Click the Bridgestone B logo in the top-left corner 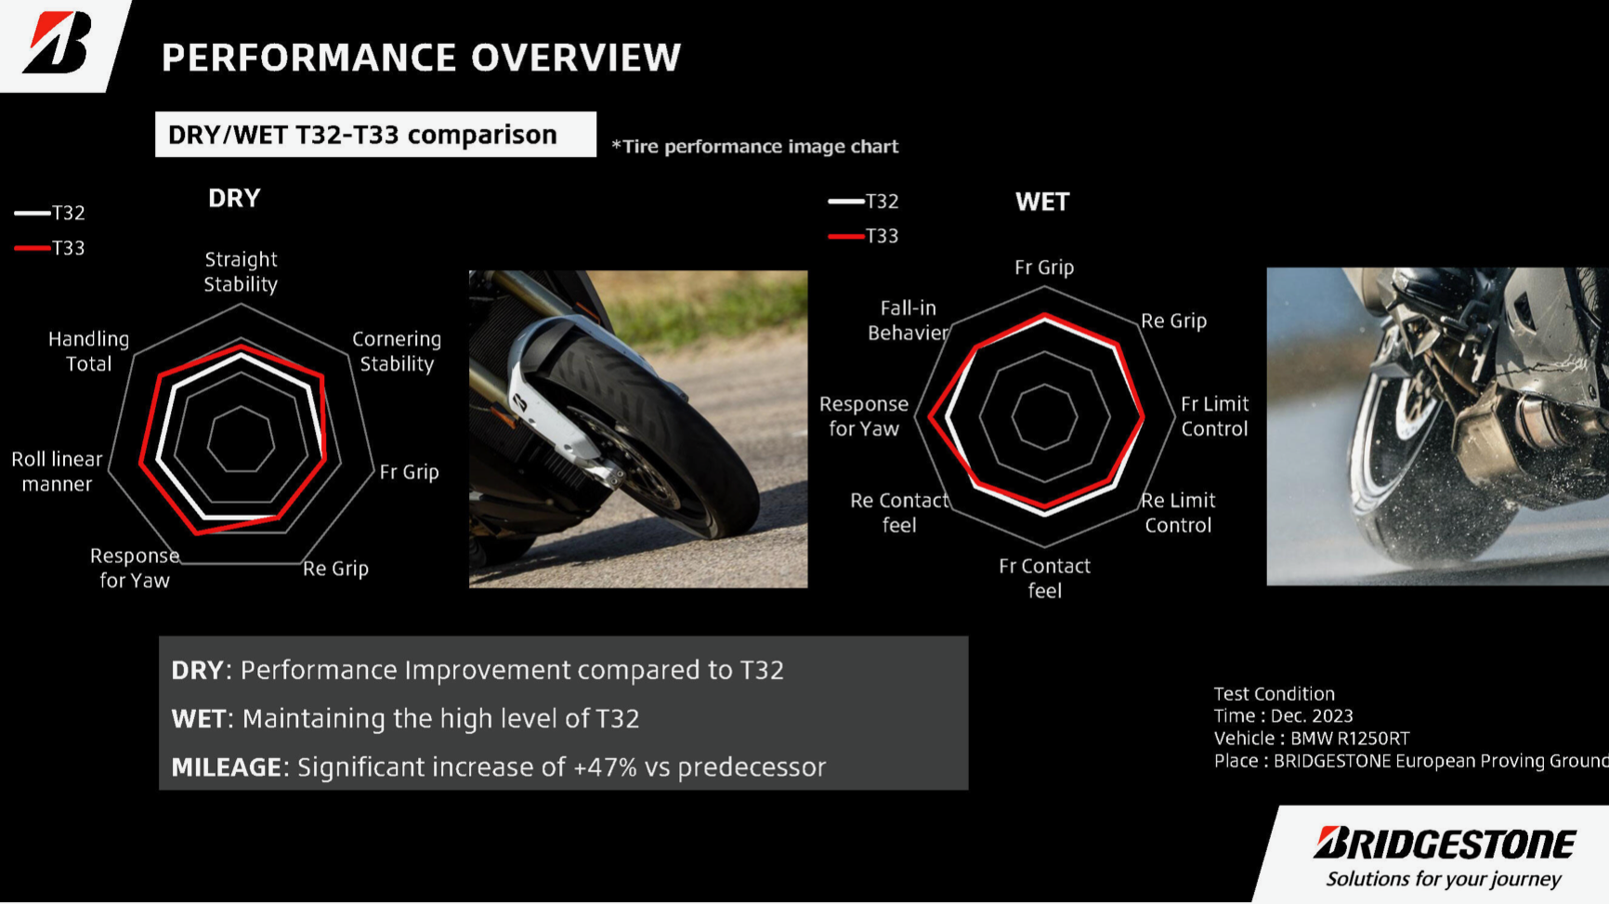pyautogui.click(x=58, y=42)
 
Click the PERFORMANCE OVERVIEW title pyautogui.click(x=422, y=58)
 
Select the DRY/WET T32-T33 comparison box pyautogui.click(x=375, y=135)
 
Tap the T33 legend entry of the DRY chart pyautogui.click(x=50, y=248)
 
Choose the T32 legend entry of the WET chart pyautogui.click(x=864, y=201)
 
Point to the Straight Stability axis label pyautogui.click(x=241, y=271)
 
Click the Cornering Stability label pyautogui.click(x=397, y=351)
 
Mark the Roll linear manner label pyautogui.click(x=57, y=471)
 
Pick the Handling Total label pyautogui.click(x=88, y=351)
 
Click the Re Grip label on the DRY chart pyautogui.click(x=335, y=568)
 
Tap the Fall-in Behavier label pyautogui.click(x=908, y=320)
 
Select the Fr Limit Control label pyautogui.click(x=1214, y=416)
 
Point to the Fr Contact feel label pyautogui.click(x=1044, y=578)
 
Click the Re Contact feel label pyautogui.click(x=899, y=512)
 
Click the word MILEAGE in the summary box pyautogui.click(x=227, y=767)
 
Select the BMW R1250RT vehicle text pyautogui.click(x=1350, y=739)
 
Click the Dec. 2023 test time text pyautogui.click(x=1312, y=716)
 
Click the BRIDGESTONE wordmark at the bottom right pyautogui.click(x=1445, y=844)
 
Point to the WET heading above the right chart pyautogui.click(x=1042, y=202)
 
